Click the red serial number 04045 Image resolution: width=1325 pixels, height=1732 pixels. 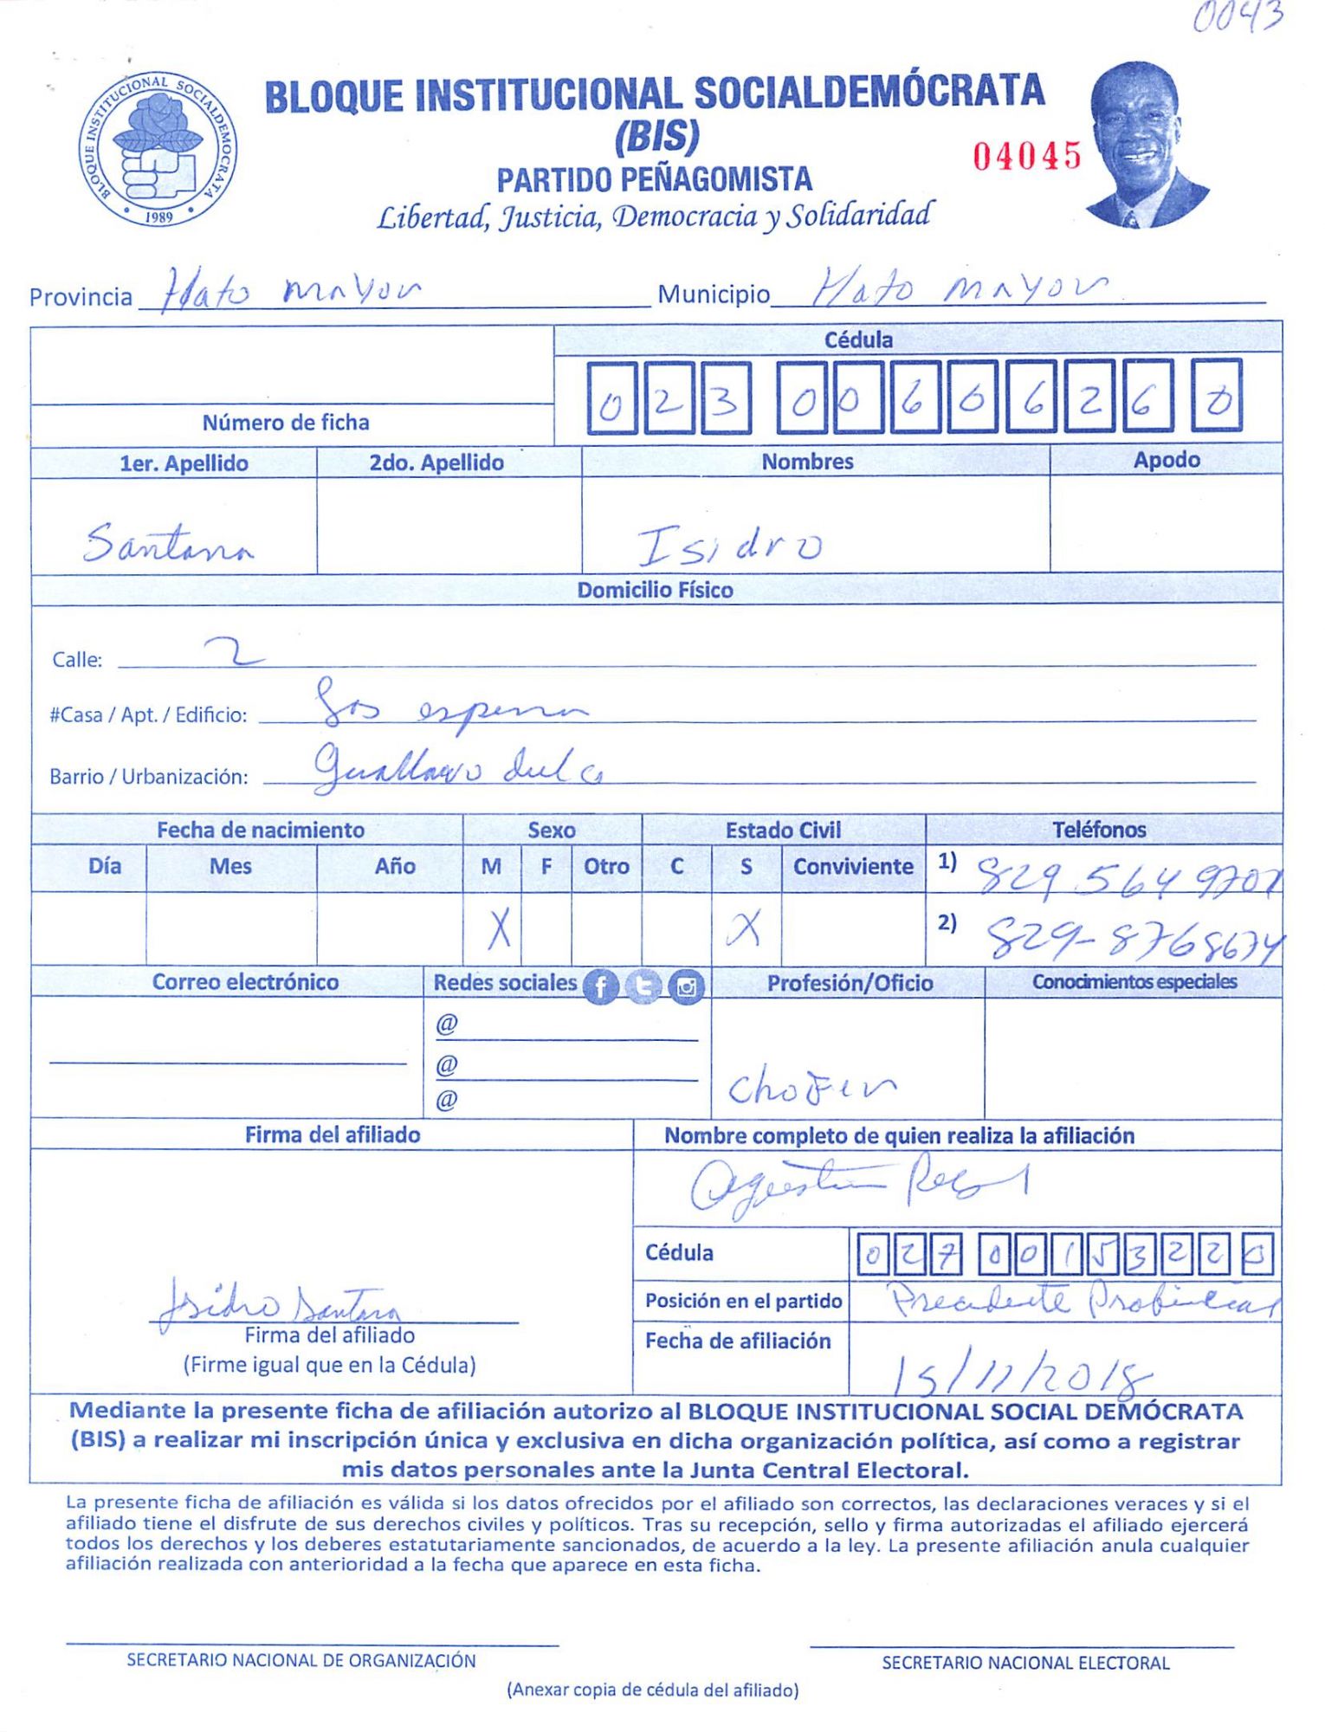tap(1026, 157)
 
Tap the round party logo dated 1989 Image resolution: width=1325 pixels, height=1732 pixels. tap(158, 149)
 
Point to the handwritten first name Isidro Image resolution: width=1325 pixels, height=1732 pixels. tap(729, 546)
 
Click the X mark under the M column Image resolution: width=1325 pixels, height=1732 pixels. tap(498, 931)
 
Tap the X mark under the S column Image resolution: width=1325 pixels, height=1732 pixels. tap(744, 928)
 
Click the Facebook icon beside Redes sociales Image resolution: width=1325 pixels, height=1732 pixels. tap(600, 986)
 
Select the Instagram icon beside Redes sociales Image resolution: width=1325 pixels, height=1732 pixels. tap(687, 986)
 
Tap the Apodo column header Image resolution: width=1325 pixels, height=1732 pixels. tap(1166, 460)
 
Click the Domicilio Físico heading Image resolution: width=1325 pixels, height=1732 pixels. tap(655, 590)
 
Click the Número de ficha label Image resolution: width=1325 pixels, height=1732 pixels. tap(286, 423)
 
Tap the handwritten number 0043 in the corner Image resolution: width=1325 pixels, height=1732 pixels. tap(1238, 17)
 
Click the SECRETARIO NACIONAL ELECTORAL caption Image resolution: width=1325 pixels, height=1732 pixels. tap(1025, 1663)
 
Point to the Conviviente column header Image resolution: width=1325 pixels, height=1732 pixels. tap(853, 867)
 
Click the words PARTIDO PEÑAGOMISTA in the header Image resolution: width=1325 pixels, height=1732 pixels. tap(654, 180)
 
